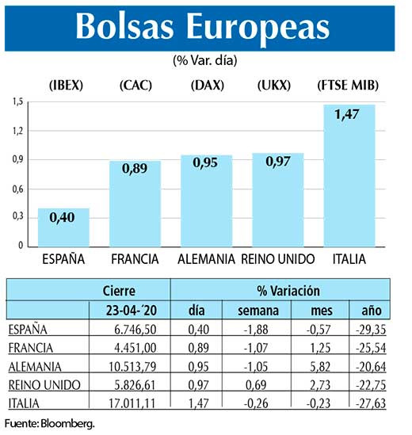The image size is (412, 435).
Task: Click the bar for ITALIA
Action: pos(349,175)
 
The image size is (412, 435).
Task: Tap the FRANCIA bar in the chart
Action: pos(135,203)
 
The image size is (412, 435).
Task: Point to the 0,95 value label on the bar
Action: pos(206,166)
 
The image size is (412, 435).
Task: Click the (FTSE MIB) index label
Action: pos(349,85)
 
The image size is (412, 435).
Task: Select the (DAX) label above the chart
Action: pos(206,85)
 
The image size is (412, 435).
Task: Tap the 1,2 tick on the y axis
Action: pos(17,131)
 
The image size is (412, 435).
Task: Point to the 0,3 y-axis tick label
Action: pos(17,217)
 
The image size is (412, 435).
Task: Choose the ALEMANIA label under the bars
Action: pos(206,259)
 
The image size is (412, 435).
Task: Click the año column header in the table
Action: pos(371,311)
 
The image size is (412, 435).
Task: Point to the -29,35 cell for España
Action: pos(368,330)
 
